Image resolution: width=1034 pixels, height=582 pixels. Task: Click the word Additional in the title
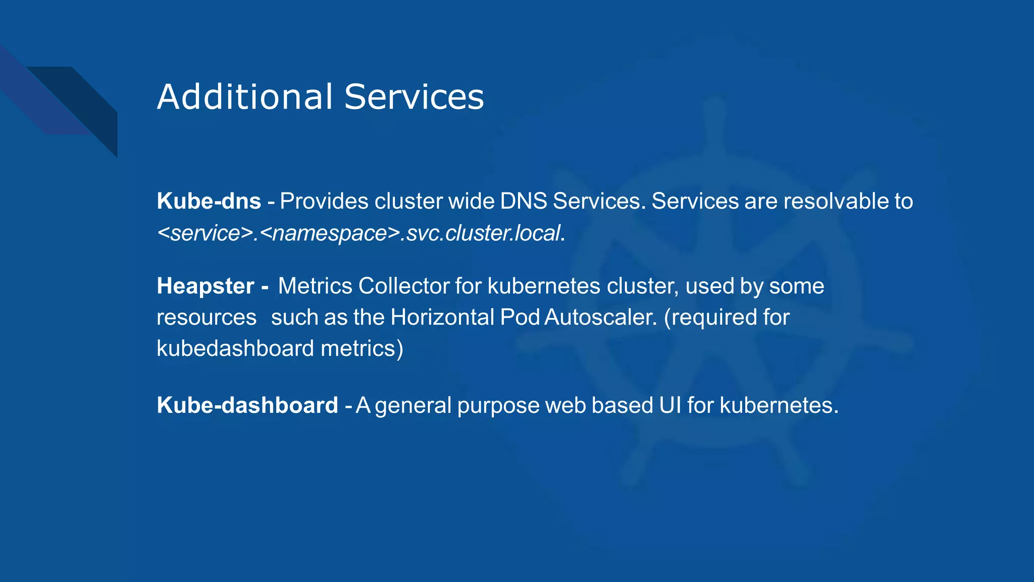[x=245, y=96]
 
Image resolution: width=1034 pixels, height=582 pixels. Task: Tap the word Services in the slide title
[x=414, y=96]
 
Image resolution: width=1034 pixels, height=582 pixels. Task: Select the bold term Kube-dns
[x=209, y=201]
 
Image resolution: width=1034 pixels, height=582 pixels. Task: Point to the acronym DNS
[x=523, y=201]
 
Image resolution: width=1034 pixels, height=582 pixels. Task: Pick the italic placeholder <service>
[x=205, y=233]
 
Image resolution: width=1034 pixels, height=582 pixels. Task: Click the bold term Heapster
[x=205, y=286]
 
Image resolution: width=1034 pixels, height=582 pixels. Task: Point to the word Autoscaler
[x=601, y=317]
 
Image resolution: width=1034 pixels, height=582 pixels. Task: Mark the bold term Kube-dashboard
[x=247, y=405]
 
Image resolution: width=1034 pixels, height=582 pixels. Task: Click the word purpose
[x=498, y=405]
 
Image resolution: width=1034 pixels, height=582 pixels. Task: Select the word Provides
[x=324, y=201]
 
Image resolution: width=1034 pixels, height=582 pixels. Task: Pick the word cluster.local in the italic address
[x=502, y=233]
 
